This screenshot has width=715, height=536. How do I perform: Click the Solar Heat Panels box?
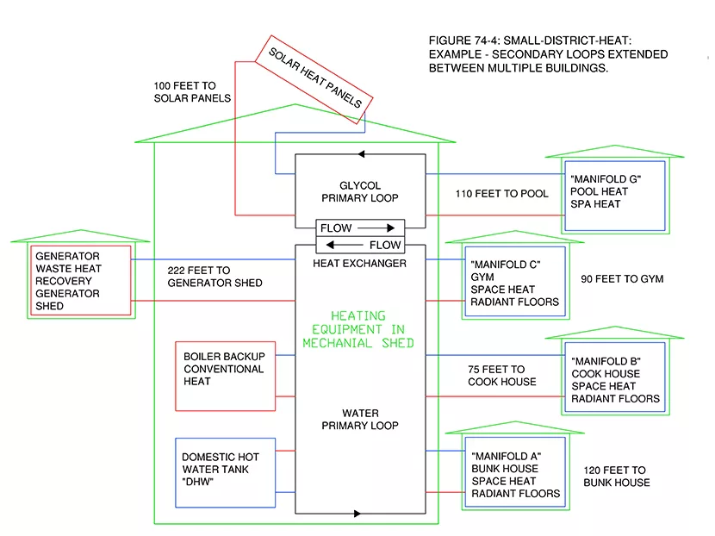(x=314, y=78)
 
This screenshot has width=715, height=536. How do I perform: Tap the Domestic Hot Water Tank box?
(x=225, y=470)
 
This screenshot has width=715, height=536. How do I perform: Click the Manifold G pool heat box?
(x=615, y=196)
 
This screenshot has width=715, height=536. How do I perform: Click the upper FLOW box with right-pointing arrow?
(x=360, y=228)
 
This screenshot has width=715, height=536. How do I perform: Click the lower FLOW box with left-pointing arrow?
(x=360, y=245)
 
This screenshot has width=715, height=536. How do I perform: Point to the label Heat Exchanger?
(x=360, y=263)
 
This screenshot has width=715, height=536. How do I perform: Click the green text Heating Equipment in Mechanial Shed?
(x=358, y=329)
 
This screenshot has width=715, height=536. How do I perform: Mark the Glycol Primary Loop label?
(x=360, y=191)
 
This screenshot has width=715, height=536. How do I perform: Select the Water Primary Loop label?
(x=360, y=419)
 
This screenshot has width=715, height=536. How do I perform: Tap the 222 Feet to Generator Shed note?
(x=215, y=277)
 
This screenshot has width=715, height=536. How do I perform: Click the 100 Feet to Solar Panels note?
(x=192, y=91)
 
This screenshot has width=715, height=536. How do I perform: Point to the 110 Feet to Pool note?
(x=501, y=194)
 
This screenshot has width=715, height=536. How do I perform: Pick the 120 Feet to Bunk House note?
(x=616, y=477)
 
